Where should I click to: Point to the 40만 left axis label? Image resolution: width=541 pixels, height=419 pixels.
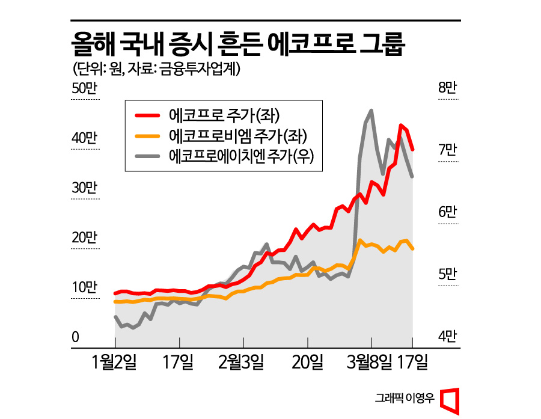pos(84,138)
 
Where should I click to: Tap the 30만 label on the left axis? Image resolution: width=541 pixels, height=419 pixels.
pos(84,188)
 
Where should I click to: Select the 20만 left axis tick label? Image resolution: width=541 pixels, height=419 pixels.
pos(84,238)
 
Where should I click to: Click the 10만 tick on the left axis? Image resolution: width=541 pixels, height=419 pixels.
pos(84,287)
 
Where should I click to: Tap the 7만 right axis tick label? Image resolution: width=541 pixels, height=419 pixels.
pos(448,150)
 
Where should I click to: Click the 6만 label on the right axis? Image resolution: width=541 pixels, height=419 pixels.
pos(448,212)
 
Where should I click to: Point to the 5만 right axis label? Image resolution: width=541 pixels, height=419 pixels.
pos(448,275)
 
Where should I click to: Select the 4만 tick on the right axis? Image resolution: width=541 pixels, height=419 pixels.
pos(448,337)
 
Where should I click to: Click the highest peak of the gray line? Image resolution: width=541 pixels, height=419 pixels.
pos(371,111)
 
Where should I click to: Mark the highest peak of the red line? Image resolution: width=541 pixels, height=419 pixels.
pos(401,125)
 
